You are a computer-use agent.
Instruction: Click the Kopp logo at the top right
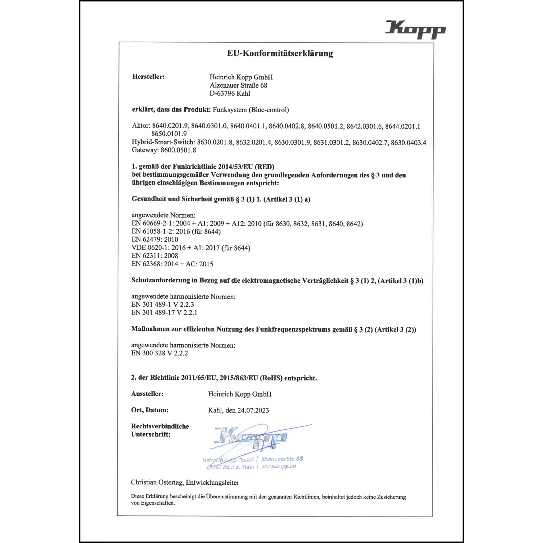point(415,29)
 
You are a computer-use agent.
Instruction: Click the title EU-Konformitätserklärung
point(280,53)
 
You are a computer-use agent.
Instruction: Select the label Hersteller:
point(148,77)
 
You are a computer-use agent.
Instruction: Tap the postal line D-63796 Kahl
point(230,93)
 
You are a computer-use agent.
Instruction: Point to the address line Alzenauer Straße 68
point(238,85)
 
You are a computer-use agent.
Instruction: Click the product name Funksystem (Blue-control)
point(251,110)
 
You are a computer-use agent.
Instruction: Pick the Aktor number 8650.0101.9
point(169,134)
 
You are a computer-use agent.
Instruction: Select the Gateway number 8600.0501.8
point(178,150)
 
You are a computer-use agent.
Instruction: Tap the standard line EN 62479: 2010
point(155,239)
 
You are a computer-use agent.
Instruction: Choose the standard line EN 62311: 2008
point(155,256)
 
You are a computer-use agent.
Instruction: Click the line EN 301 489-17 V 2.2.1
point(164,312)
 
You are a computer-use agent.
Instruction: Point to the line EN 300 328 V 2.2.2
point(160,353)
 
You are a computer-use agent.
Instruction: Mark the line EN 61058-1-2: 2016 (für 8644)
point(176,231)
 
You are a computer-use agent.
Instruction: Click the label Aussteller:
point(147,394)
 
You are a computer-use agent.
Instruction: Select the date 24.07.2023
point(253,410)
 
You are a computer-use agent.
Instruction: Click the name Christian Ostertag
point(157,482)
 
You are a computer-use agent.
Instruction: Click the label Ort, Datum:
point(150,410)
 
